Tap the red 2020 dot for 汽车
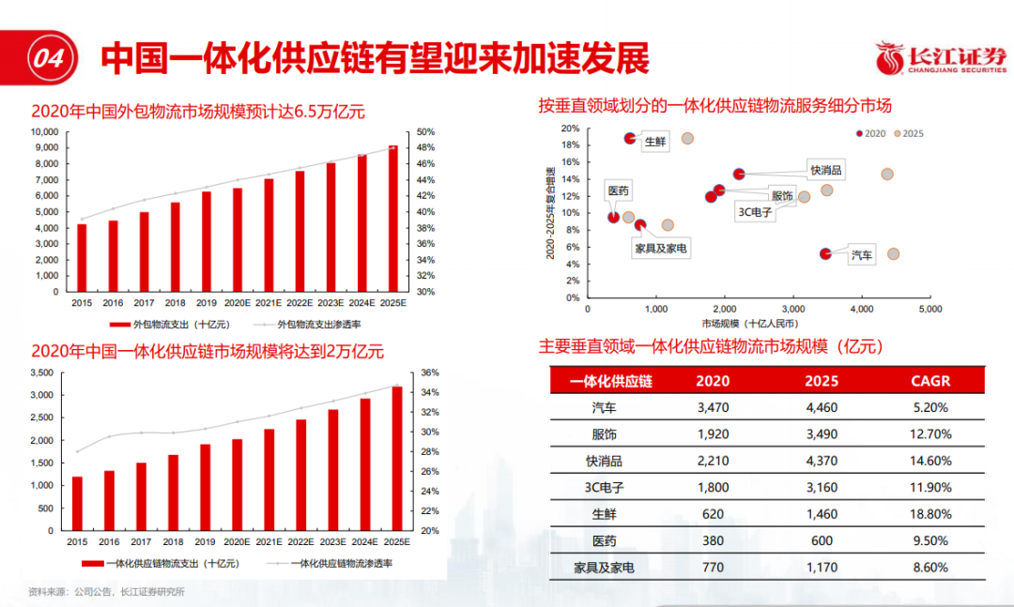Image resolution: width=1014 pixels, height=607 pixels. (825, 253)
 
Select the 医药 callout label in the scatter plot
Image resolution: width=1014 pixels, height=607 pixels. (618, 190)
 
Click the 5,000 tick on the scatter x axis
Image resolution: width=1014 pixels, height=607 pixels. (929, 308)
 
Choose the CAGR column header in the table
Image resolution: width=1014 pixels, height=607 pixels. (930, 381)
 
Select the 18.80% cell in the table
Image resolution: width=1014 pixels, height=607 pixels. (930, 514)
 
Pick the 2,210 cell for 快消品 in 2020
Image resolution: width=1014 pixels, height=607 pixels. (713, 461)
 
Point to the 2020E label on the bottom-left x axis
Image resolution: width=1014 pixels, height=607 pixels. (237, 541)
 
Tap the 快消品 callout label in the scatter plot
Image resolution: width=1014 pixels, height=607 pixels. (825, 170)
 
